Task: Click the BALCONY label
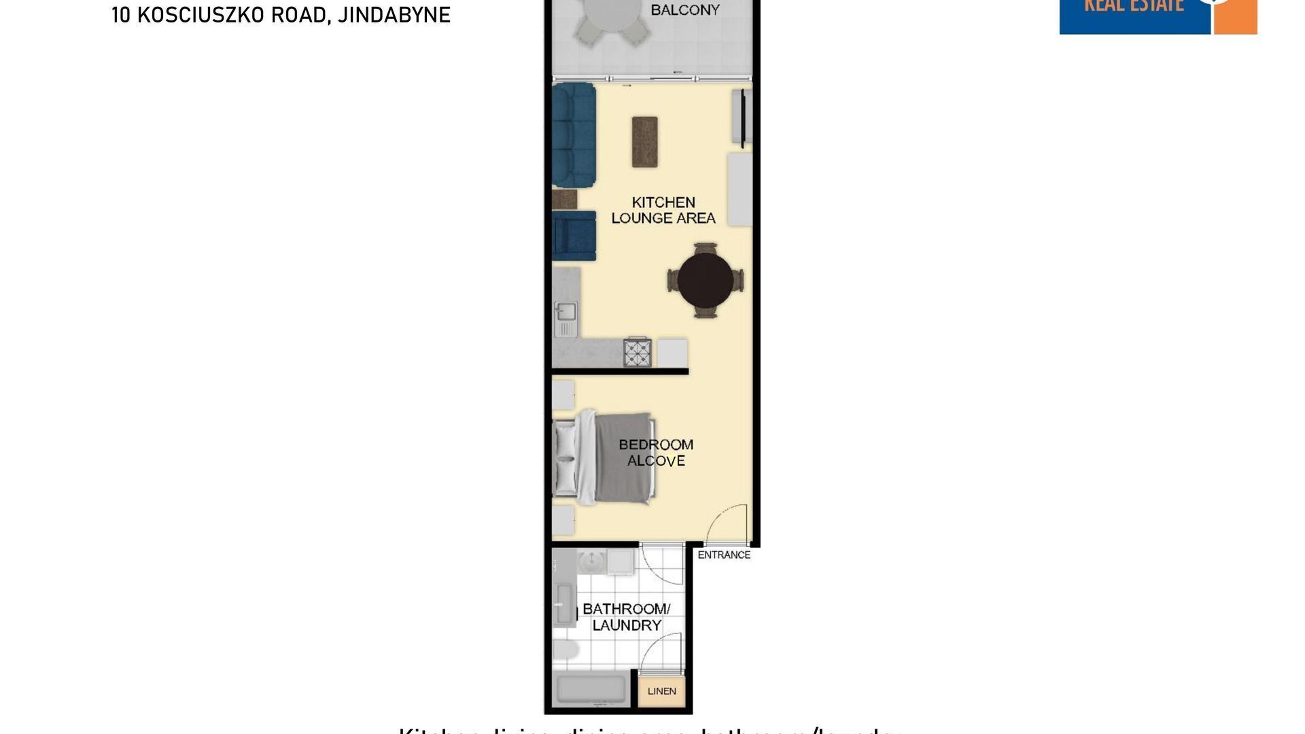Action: [x=684, y=10]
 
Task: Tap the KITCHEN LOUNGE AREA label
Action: [x=663, y=210]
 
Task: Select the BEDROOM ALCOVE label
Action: [x=656, y=453]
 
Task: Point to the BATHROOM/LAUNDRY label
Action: [x=627, y=617]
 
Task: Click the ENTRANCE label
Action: [x=724, y=555]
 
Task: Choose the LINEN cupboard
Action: [x=661, y=691]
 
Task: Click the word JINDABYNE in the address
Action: [x=394, y=15]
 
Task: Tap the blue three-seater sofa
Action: [x=574, y=135]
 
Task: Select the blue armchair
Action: [x=574, y=236]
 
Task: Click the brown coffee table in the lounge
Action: [x=644, y=141]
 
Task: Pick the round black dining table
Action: [x=706, y=280]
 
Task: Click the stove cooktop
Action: [x=638, y=353]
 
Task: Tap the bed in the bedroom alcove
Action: [x=605, y=458]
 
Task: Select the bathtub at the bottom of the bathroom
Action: [x=591, y=690]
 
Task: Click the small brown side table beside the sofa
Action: [x=565, y=199]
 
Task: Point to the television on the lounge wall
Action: [x=742, y=117]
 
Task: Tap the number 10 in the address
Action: [x=120, y=15]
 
